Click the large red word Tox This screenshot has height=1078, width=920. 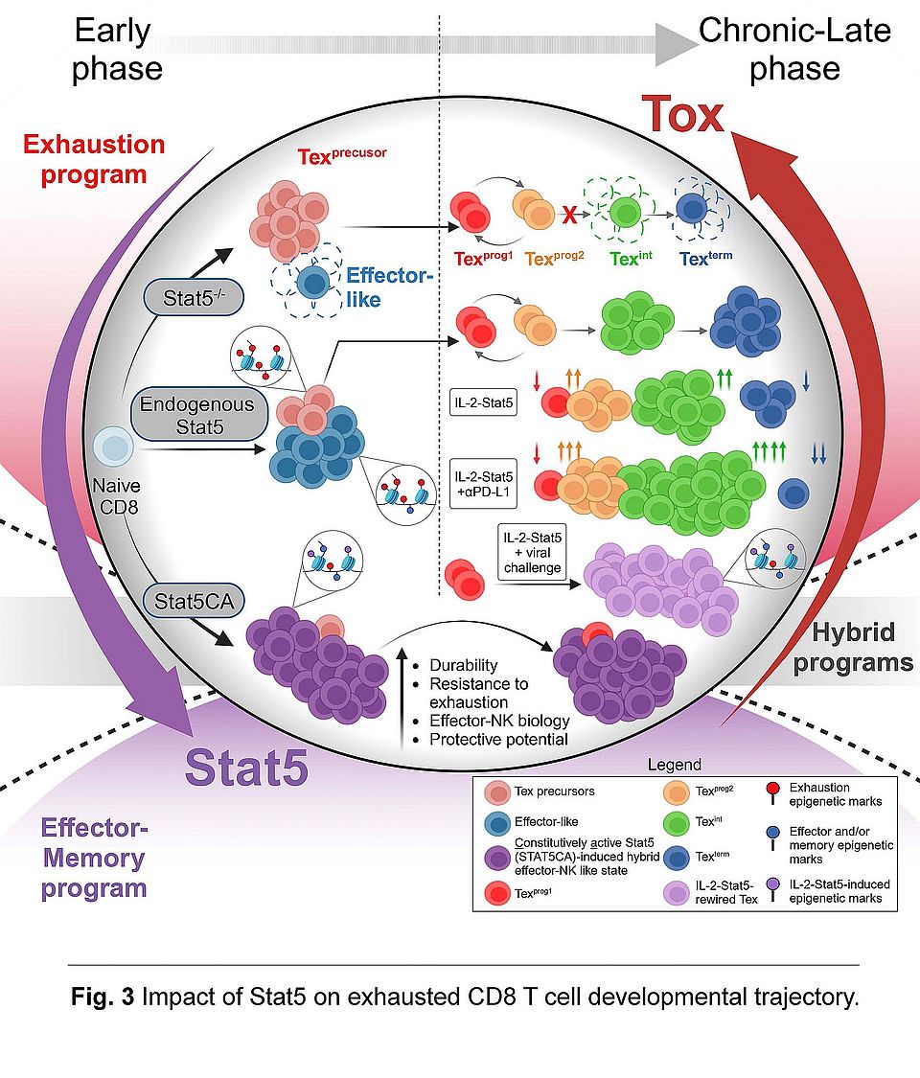(x=682, y=115)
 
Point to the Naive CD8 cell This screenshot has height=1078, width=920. (x=114, y=448)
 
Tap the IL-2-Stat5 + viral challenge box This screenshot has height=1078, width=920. (x=530, y=553)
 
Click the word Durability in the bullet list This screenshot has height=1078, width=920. (x=464, y=665)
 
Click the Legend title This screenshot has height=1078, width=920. (x=675, y=765)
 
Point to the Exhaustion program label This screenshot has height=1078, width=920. (x=94, y=160)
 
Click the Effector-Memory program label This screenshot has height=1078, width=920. (x=94, y=858)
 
